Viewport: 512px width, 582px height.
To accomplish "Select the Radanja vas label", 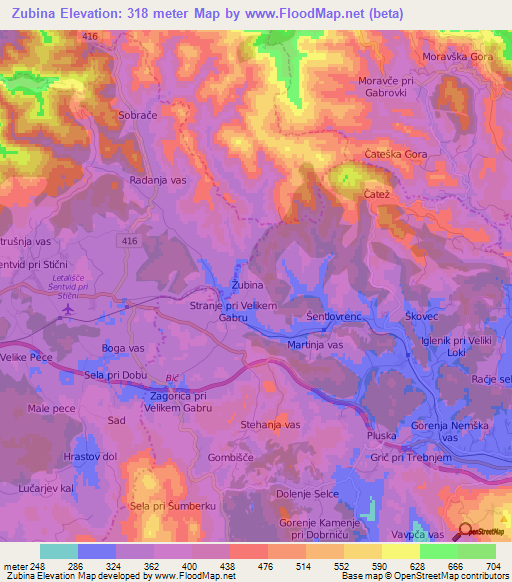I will pos(159,181).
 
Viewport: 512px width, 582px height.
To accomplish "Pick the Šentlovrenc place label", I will pos(332,316).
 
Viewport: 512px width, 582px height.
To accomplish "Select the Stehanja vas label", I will pos(271,425).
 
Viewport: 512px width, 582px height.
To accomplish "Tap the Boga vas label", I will pos(122,348).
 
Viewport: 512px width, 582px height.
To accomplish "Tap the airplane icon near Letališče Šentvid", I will pos(68,309).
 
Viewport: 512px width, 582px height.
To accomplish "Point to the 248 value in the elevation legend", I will pos(36,565).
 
